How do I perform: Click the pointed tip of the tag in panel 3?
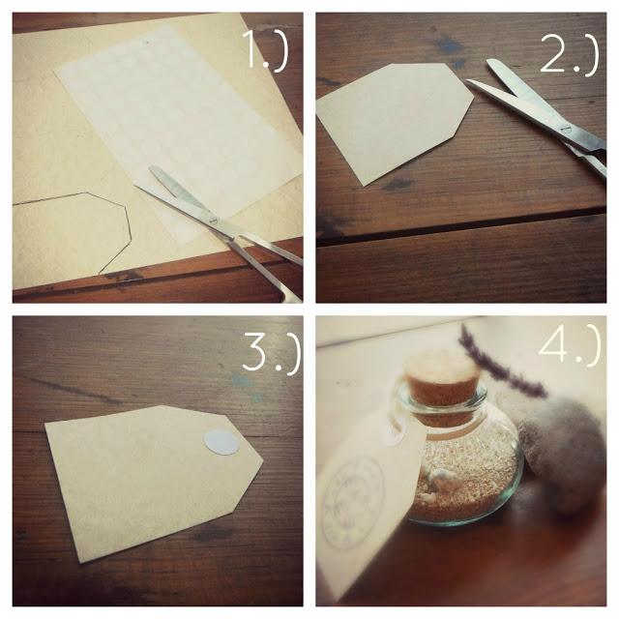[261, 462]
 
